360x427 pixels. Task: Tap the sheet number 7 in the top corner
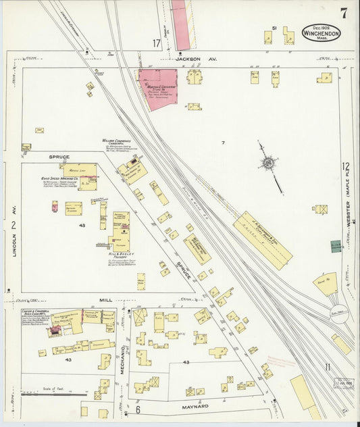[344, 13]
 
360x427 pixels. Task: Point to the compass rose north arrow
[269, 163]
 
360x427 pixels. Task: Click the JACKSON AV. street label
[189, 59]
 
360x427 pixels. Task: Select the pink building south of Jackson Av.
[157, 87]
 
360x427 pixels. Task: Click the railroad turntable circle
[338, 316]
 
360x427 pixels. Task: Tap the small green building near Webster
[336, 247]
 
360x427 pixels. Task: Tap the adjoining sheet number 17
[157, 44]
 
